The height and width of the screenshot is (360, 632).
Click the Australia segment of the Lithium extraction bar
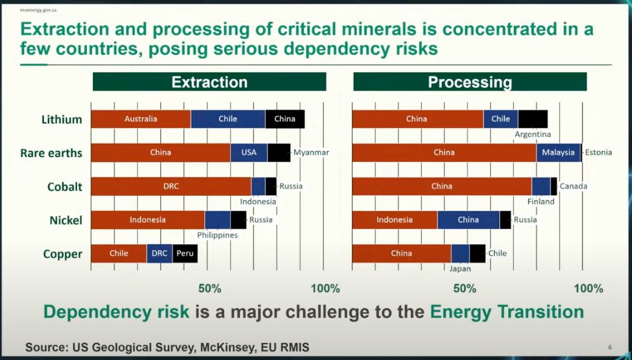coord(141,119)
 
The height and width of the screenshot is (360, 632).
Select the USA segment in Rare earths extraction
coord(249,152)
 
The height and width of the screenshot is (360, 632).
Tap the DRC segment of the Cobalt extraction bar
coord(171,186)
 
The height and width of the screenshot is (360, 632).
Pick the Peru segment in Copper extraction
coord(184,253)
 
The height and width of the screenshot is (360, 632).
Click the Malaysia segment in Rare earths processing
coord(558,152)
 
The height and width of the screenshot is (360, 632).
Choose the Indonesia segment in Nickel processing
coord(394,220)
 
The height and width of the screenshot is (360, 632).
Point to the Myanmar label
coord(311,152)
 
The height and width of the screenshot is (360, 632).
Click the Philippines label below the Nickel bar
coord(217,235)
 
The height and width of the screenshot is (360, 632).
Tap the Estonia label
coord(598,152)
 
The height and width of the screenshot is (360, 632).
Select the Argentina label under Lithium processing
coord(533,134)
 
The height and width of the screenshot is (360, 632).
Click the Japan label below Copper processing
coord(460,268)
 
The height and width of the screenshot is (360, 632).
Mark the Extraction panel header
coord(209,82)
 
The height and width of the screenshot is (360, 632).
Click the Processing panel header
coord(470,82)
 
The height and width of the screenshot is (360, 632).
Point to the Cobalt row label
coord(65,187)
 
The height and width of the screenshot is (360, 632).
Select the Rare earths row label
coord(51,153)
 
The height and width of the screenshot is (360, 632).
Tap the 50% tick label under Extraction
coord(209,288)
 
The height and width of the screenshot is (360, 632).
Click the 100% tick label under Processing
coord(589,288)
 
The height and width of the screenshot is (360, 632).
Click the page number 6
coord(610,347)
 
